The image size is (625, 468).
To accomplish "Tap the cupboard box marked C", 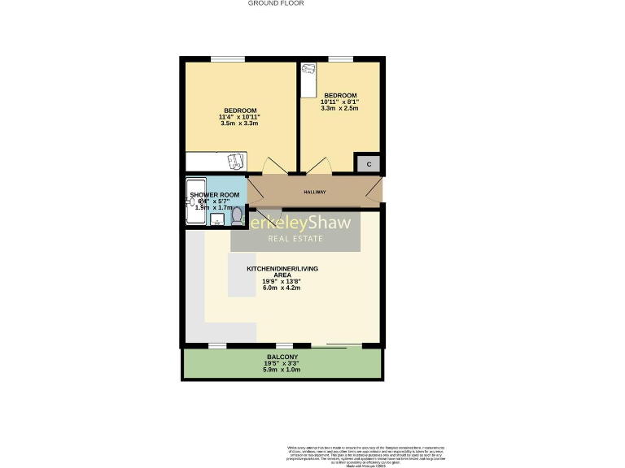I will (x=369, y=164).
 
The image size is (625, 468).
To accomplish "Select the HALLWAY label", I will (x=314, y=193).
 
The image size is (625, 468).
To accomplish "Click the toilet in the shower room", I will (x=236, y=216).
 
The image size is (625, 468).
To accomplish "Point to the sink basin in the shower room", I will (x=216, y=219).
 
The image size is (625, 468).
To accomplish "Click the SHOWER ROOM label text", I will (x=215, y=196).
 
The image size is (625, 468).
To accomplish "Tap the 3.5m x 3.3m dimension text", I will (x=239, y=123).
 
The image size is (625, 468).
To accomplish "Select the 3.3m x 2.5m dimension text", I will (x=340, y=108).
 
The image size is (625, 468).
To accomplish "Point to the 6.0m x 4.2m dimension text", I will (x=282, y=288).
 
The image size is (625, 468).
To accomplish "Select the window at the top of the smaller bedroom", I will (x=340, y=59).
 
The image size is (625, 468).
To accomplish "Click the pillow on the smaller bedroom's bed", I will (x=308, y=71).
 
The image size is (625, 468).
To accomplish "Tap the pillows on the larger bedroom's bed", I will (x=235, y=161).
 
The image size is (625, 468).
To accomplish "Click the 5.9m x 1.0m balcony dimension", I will (x=282, y=370).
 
